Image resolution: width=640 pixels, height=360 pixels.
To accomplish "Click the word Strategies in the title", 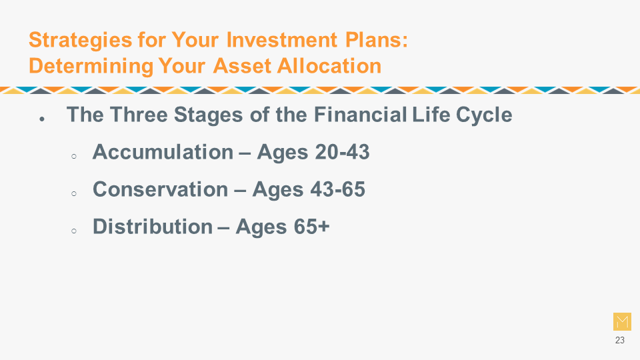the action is [81, 41].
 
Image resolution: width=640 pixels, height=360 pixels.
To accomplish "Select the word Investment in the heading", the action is [282, 40].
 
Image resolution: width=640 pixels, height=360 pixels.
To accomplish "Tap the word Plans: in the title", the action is [376, 40].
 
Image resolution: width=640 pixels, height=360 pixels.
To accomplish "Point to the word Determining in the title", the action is [91, 67].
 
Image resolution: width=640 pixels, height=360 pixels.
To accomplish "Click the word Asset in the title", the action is [243, 66].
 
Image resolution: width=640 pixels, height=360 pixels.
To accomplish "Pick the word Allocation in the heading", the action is [329, 66].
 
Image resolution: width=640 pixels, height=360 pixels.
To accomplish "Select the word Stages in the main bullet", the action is [209, 115].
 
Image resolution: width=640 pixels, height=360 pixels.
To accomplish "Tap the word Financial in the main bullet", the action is [361, 114].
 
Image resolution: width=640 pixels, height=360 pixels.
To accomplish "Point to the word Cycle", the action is [484, 115].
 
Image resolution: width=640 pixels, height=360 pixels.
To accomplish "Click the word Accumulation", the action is [163, 152].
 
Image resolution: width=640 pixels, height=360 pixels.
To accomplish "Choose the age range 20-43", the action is [342, 152].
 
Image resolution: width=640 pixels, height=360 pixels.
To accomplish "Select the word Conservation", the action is [161, 189].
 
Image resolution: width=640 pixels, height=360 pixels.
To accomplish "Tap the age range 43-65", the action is [337, 189].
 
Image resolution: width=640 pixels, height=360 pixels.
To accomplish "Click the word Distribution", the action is [153, 226].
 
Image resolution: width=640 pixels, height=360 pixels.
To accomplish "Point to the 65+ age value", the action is [311, 226].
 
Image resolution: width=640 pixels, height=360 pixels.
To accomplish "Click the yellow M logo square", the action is [622, 321].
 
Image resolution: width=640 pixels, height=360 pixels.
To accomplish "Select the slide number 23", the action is [619, 340].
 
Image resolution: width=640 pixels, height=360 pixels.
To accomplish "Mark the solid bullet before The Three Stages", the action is [41, 119].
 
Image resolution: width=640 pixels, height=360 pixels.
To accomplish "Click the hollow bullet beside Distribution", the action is [74, 231].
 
